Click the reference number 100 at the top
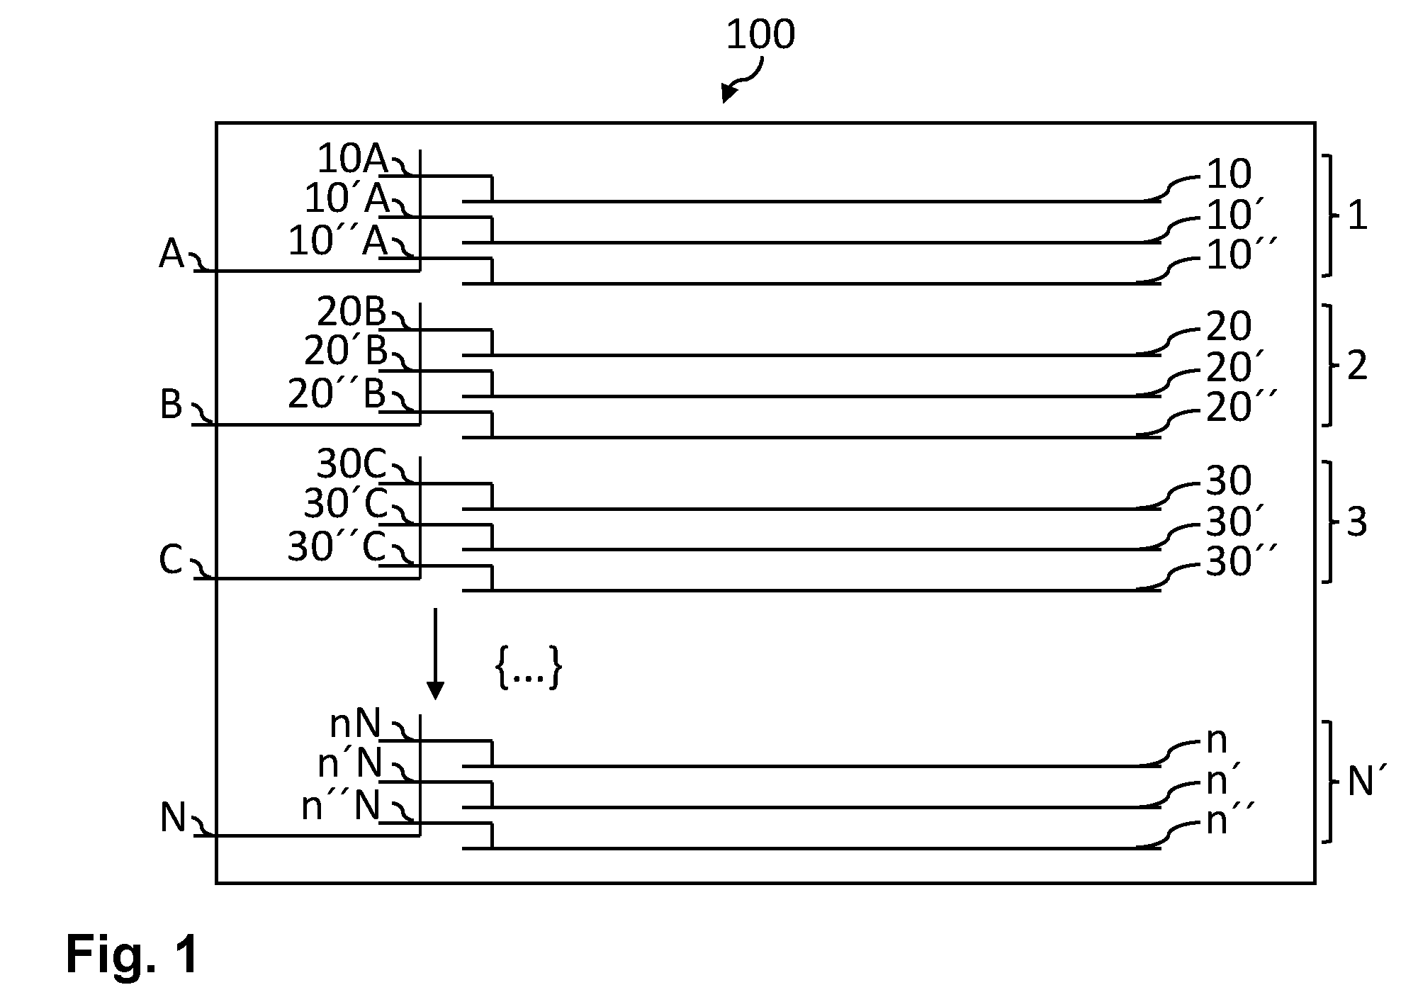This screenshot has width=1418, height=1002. point(760,35)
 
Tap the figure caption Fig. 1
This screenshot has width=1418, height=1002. point(133,955)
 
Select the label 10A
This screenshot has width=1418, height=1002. point(351,159)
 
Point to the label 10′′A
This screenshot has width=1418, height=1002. point(338,241)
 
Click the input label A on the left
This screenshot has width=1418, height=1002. point(171,254)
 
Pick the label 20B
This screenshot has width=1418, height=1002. point(351,312)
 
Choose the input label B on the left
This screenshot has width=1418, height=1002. point(171,405)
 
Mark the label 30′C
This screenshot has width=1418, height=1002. point(346,505)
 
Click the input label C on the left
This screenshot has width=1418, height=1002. point(171,561)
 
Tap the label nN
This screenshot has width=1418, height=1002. point(356,724)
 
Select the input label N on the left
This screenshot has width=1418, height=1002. point(173,818)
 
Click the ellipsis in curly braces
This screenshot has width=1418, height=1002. point(529,668)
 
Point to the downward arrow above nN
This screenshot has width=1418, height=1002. point(435,653)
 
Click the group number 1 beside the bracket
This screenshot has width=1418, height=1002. point(1357,215)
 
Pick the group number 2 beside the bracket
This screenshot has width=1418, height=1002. point(1356,366)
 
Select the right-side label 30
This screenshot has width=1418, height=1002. point(1229,481)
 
